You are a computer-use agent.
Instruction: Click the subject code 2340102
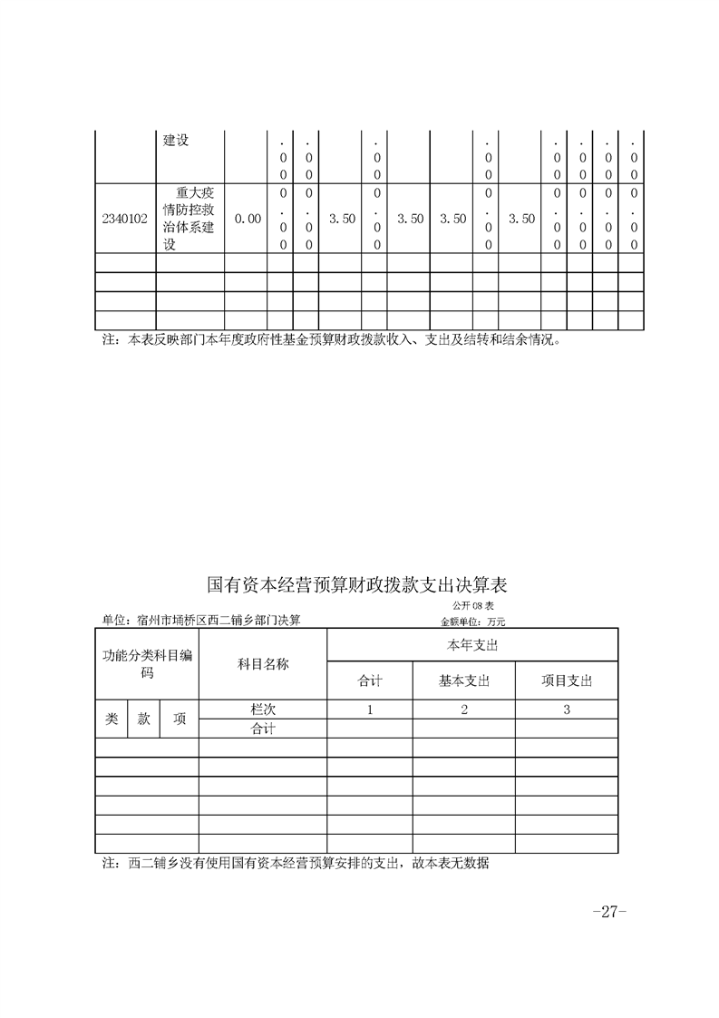point(125,219)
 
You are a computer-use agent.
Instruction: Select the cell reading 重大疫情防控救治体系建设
point(189,219)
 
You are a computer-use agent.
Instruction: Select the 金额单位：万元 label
point(471,622)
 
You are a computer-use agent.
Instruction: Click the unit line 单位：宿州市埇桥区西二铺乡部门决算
point(201,621)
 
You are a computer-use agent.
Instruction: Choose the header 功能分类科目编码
point(147,664)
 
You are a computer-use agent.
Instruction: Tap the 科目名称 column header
point(263,664)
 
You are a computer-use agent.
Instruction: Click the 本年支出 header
point(472,645)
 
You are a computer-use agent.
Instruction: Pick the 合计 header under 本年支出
point(370,681)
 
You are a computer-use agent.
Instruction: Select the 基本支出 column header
point(464,681)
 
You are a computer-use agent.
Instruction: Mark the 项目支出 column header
point(567,681)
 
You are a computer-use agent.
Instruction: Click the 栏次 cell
point(263,710)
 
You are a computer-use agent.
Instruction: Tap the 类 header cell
point(112,719)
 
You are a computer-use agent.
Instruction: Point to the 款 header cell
point(144,719)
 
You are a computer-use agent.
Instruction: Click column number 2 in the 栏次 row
point(464,710)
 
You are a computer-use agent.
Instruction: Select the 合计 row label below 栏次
point(263,729)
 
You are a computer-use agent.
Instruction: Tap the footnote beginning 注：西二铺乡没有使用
point(296,865)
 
